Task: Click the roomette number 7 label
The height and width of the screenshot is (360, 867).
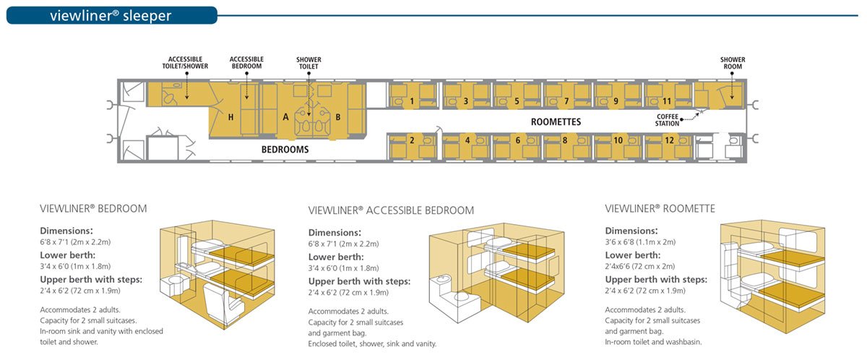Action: point(566,101)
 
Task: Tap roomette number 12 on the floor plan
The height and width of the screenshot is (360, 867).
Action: point(669,140)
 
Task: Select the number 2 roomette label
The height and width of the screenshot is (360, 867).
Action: point(412,140)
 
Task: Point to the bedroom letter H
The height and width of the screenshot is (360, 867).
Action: point(230,117)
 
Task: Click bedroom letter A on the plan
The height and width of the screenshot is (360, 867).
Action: point(285,117)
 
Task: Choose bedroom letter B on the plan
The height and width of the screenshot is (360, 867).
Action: point(338,117)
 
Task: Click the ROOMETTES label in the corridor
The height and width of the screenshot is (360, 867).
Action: point(556,122)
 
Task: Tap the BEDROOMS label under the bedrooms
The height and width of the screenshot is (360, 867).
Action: point(285,150)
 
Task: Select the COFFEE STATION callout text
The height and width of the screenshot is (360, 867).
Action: point(667,120)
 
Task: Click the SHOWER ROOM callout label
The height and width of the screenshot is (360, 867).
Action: point(733,63)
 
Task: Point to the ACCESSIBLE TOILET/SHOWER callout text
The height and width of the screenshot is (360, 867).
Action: point(185,63)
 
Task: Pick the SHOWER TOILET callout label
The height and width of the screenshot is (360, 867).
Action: point(309,63)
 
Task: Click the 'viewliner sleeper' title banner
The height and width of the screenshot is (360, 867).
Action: point(112,15)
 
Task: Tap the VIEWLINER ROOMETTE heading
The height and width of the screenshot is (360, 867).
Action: point(660,209)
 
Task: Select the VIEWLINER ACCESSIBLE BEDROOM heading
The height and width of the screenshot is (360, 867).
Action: point(391,210)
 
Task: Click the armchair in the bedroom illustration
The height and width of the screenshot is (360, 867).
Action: point(223,304)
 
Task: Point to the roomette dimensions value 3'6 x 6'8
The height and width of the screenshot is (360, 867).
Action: point(640,242)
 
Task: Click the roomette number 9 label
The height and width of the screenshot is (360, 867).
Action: point(616,101)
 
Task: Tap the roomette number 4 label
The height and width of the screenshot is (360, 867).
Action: point(467,140)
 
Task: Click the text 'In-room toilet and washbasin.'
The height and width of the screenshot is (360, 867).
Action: point(653,342)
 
